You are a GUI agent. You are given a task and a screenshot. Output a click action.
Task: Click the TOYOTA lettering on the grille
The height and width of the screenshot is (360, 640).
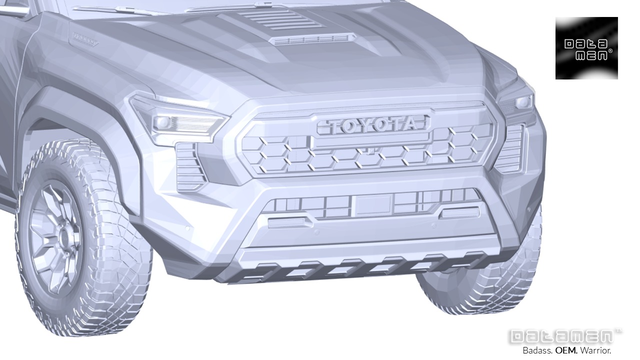click(373, 125)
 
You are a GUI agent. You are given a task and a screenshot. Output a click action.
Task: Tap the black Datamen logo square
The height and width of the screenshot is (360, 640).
click(586, 48)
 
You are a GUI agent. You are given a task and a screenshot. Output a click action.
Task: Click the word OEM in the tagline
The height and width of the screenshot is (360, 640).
click(566, 350)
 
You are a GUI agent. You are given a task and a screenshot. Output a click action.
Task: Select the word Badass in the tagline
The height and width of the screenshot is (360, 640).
click(537, 350)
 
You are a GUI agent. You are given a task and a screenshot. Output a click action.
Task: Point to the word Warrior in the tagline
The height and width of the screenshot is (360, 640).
click(595, 350)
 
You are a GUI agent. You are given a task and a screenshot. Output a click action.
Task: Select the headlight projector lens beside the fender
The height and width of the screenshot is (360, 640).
click(162, 122)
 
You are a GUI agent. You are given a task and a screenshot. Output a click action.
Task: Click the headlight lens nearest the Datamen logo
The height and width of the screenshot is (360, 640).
click(523, 102)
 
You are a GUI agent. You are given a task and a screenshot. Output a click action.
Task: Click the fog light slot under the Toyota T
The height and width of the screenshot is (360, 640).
click(287, 221)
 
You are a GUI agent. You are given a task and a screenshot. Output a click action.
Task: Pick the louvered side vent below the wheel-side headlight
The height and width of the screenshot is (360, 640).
click(190, 166)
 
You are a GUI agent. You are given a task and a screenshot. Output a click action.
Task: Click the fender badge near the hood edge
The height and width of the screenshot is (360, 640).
click(85, 39)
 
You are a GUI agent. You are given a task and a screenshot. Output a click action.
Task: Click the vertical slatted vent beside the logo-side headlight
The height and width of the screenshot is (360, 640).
click(510, 147)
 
